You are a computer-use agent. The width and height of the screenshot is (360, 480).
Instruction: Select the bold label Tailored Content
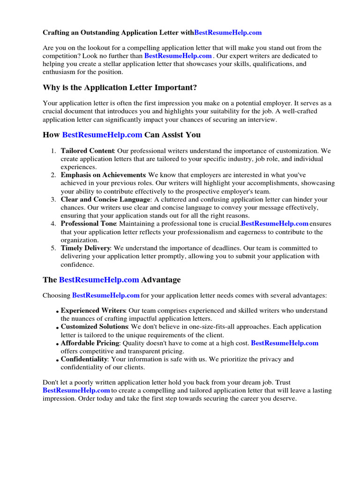(87, 151)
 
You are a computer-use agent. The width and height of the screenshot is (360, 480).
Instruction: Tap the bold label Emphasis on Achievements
(103, 175)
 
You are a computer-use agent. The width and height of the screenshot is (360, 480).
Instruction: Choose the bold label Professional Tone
(88, 224)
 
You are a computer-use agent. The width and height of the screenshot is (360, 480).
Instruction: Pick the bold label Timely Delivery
(85, 247)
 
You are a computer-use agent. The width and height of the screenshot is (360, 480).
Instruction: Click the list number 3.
(54, 200)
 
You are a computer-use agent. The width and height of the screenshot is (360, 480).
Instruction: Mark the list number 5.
(54, 247)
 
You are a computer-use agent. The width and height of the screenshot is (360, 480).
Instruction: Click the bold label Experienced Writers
(93, 310)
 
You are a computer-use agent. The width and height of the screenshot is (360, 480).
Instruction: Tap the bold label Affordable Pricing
(90, 343)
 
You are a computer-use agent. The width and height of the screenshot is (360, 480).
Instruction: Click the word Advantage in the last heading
(161, 280)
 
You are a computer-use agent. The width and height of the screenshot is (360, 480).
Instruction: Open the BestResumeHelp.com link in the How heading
(102, 135)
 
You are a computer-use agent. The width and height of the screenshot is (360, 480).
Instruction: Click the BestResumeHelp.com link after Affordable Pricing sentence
(285, 343)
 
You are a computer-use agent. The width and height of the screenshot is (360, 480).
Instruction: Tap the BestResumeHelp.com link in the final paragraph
(76, 390)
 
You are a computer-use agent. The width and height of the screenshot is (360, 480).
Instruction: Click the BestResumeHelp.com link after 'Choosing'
(106, 295)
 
